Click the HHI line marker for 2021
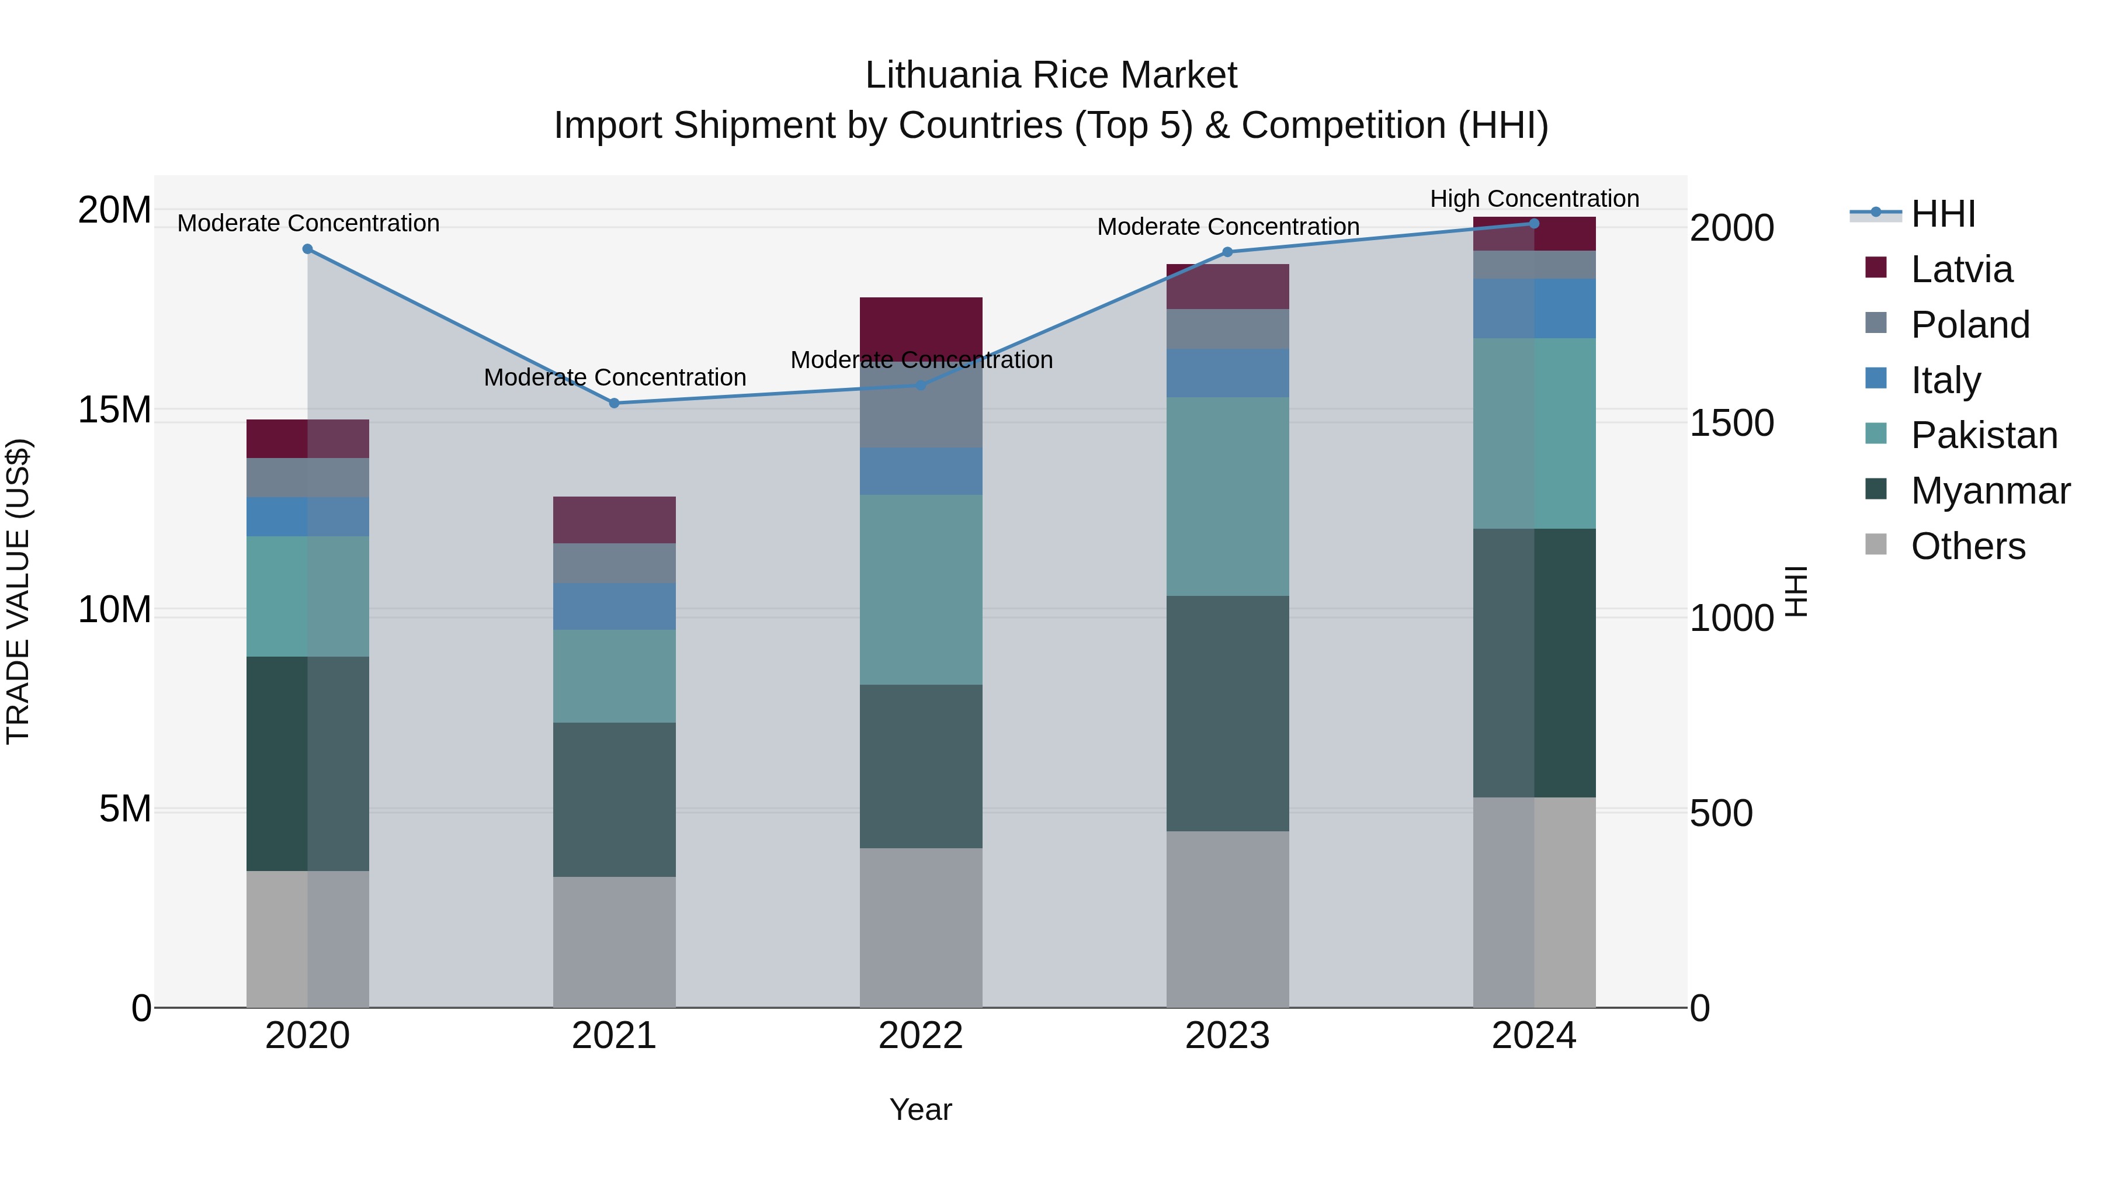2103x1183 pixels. (614, 403)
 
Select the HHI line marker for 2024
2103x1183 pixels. (1534, 223)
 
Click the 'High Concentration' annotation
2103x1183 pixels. (1534, 199)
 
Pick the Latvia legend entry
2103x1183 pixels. (1961, 269)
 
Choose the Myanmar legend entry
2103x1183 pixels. (1990, 491)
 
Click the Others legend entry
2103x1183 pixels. (1967, 546)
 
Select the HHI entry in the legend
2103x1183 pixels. (1942, 214)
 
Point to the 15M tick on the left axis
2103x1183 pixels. (114, 410)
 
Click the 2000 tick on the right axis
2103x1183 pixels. (1731, 228)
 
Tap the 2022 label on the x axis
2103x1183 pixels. (920, 1036)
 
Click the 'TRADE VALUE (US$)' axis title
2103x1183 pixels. (18, 591)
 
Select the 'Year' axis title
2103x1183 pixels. (920, 1109)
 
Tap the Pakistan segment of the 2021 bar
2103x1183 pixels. (614, 675)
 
